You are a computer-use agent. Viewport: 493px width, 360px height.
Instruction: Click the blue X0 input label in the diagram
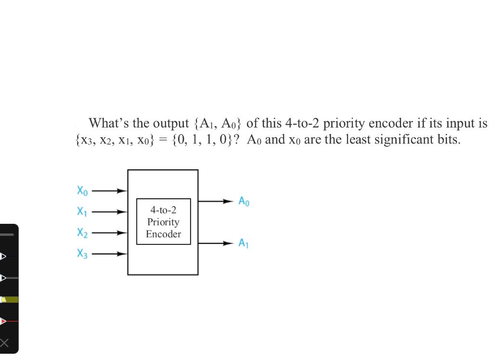82,191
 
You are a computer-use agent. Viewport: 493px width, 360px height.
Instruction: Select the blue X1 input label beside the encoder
82,212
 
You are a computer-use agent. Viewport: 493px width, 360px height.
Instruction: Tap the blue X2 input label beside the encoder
82,233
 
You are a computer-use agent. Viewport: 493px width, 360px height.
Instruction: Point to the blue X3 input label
82,254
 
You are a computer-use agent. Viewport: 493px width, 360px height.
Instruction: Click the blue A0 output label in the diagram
244,201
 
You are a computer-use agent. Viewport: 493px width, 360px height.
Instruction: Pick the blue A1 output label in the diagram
244,244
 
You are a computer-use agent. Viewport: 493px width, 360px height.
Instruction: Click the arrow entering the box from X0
110,191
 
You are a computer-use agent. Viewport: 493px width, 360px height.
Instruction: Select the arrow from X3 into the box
110,254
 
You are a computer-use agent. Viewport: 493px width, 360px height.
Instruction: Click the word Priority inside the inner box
163,222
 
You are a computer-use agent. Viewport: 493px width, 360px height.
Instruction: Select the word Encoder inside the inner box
163,234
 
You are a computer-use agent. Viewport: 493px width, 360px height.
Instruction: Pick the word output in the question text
170,123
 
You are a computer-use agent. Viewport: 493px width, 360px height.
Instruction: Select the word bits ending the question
447,140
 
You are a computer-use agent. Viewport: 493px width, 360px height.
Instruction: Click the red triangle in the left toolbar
3,321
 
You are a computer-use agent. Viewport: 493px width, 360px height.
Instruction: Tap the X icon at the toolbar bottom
4,343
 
